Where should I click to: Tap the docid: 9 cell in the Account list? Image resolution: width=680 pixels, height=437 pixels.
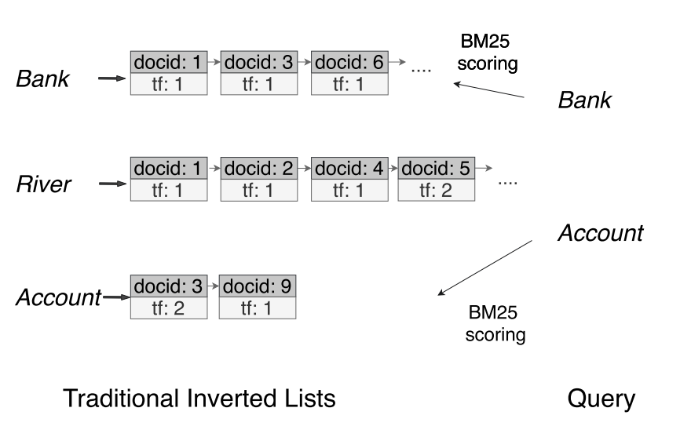tap(258, 287)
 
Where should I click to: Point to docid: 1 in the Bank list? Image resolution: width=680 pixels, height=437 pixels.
tap(169, 62)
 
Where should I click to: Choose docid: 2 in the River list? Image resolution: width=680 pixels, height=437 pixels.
tap(258, 169)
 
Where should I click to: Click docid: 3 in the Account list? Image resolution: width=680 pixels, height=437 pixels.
tap(169, 287)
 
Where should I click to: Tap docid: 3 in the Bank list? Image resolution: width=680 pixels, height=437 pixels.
tap(258, 62)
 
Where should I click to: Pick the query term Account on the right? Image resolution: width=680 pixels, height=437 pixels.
tap(601, 233)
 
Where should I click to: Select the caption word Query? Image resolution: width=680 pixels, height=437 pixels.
tap(601, 399)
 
